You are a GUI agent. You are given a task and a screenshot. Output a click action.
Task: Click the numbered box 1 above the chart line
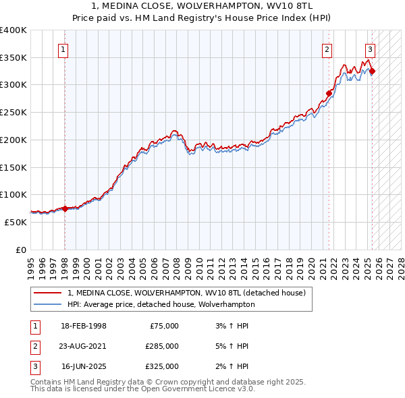63,49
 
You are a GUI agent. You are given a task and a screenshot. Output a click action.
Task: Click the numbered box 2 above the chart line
327,49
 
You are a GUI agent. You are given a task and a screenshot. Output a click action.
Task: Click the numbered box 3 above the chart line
371,49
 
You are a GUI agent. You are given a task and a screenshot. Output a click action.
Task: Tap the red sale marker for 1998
65,208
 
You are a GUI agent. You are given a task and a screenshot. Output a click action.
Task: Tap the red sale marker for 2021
329,93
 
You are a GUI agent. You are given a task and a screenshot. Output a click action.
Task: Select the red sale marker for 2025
372,72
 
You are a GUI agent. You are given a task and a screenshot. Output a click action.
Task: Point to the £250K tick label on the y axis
13,113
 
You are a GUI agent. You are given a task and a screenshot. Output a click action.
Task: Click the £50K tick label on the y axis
16,222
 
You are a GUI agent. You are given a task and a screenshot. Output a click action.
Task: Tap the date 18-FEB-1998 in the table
83,326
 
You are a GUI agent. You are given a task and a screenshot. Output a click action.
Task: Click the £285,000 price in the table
162,346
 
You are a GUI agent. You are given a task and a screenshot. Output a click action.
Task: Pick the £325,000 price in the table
162,366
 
